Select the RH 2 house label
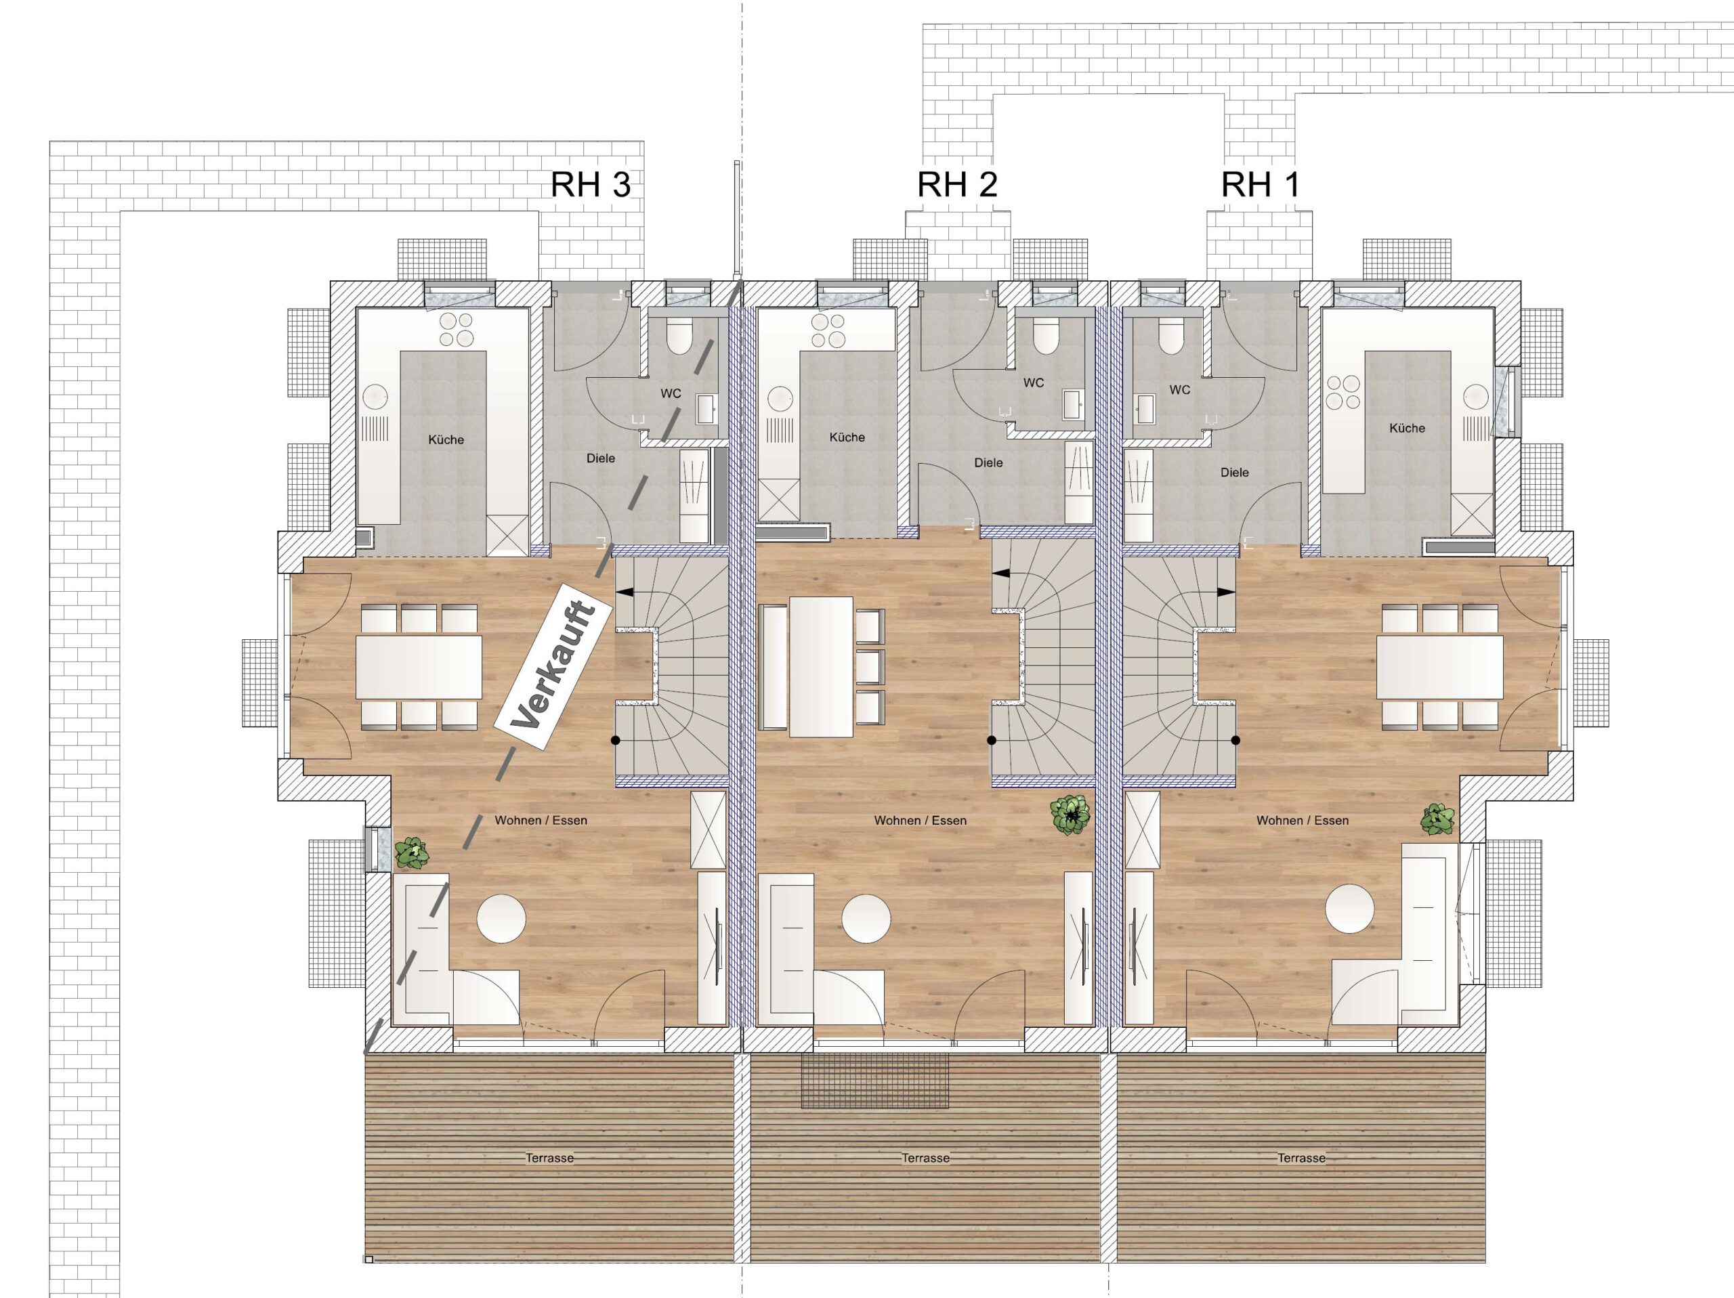(x=957, y=185)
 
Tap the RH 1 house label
(x=1260, y=185)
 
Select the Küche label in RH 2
(x=847, y=437)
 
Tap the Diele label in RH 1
(x=1235, y=473)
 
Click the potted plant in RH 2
(x=1071, y=815)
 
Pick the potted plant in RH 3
(x=412, y=852)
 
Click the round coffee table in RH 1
(x=1349, y=909)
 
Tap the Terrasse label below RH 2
(x=925, y=1158)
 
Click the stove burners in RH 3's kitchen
(x=457, y=329)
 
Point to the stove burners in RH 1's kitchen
(x=1342, y=392)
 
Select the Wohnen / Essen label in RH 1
(x=1302, y=821)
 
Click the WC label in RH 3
(x=671, y=393)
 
